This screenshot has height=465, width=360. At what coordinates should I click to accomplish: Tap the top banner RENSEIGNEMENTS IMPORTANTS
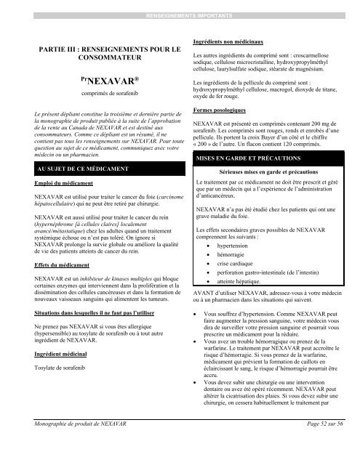(x=179, y=15)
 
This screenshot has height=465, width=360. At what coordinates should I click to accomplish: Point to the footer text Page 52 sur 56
(x=314, y=443)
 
